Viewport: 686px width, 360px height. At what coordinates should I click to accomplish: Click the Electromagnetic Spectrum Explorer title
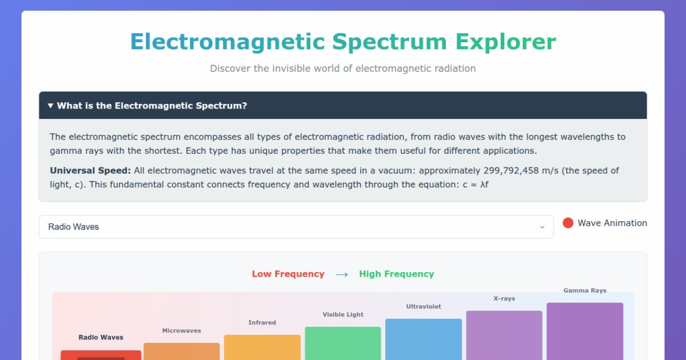[x=343, y=42]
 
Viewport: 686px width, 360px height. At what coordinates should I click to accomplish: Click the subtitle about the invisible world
[x=343, y=69]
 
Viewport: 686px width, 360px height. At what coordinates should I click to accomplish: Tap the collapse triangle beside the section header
[x=50, y=106]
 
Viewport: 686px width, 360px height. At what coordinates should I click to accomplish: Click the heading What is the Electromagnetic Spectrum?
[x=152, y=106]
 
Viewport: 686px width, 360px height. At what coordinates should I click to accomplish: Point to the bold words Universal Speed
[x=90, y=171]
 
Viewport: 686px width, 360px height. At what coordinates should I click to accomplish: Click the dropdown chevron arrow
[x=542, y=227]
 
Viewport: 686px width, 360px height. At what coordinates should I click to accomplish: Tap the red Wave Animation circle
[x=568, y=223]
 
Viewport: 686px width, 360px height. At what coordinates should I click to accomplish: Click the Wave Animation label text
[x=612, y=223]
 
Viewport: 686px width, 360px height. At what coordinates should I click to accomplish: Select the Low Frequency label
[x=288, y=274]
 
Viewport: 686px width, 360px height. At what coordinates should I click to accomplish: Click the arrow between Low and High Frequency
[x=342, y=274]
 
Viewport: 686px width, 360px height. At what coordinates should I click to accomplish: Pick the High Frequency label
[x=396, y=274]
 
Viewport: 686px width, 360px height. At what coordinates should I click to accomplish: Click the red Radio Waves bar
[x=101, y=355]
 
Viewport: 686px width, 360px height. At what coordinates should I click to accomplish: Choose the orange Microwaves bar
[x=181, y=351]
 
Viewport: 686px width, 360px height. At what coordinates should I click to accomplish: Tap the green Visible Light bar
[x=342, y=343]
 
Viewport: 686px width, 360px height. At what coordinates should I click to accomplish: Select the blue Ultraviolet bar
[x=423, y=339]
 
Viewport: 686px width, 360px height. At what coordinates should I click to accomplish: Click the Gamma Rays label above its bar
[x=585, y=290]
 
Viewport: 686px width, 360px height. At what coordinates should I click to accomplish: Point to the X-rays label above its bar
[x=504, y=298]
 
